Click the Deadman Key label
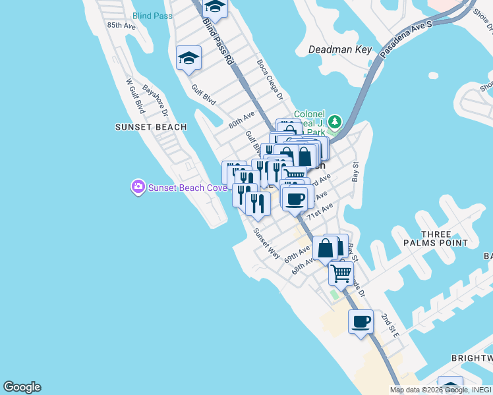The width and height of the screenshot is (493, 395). (x=341, y=49)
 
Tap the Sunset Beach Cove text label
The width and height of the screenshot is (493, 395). (x=187, y=188)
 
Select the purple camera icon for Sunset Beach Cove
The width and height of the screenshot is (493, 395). (x=138, y=188)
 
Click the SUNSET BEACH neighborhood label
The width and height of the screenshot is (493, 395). (x=151, y=127)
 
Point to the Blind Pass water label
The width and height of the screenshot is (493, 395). (x=152, y=15)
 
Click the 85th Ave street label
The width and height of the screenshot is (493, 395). (x=121, y=26)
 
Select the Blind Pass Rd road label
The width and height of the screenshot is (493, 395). (x=218, y=41)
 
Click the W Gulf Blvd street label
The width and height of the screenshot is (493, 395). (x=135, y=96)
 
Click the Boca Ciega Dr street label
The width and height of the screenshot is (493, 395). (x=270, y=80)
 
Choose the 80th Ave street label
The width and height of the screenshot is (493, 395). (x=241, y=119)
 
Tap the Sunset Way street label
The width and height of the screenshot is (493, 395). (x=267, y=244)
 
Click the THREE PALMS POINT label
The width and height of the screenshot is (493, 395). (x=436, y=238)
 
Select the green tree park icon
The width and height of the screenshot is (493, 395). (x=335, y=122)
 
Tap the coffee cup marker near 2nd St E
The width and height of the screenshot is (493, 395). (x=361, y=322)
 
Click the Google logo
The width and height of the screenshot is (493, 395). (x=22, y=387)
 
